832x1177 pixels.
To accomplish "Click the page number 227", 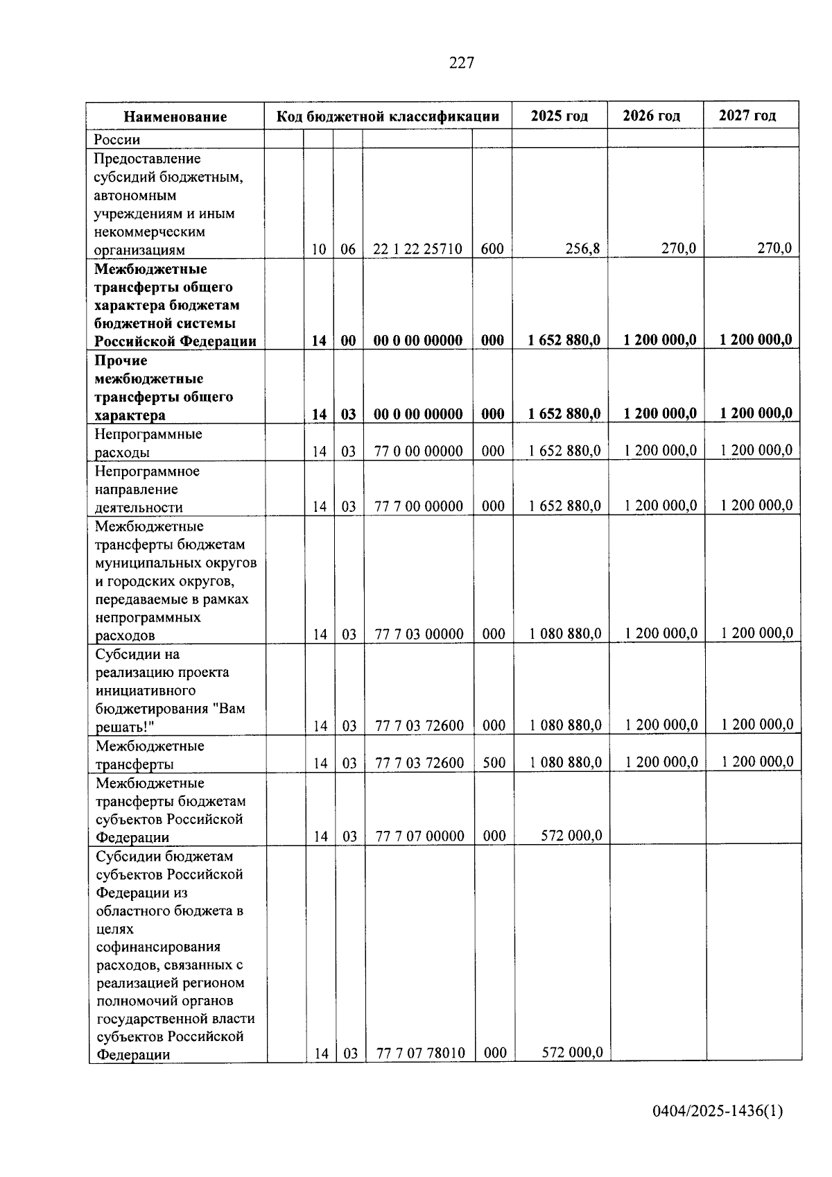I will click(x=462, y=63).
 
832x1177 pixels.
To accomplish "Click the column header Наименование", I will click(x=175, y=117).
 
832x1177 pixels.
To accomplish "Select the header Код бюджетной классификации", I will click(x=388, y=116).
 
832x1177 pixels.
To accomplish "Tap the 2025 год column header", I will click(x=559, y=116).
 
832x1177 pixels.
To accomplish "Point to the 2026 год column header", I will click(x=651, y=116).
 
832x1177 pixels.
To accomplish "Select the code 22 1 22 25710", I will click(x=417, y=249).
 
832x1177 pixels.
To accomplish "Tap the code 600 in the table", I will click(x=492, y=249).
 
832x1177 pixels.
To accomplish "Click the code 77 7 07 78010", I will click(x=420, y=1053).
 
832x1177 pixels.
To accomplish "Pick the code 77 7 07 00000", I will click(x=419, y=836).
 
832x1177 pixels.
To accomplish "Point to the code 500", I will click(x=494, y=763).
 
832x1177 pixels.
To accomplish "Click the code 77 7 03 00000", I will click(x=419, y=634).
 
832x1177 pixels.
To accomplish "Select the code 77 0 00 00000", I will click(x=418, y=452).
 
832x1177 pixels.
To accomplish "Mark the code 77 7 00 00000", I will click(x=418, y=506).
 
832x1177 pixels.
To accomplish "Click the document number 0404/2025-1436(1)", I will click(x=717, y=1111).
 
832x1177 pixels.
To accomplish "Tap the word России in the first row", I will click(x=117, y=139).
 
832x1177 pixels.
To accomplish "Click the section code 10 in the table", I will click(x=318, y=249).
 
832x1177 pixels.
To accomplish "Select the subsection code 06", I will click(x=347, y=249).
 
